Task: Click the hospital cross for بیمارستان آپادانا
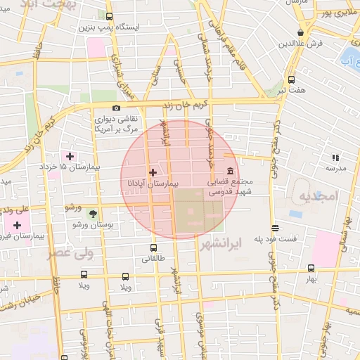point(153,172)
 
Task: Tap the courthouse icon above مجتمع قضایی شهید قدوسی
point(231,172)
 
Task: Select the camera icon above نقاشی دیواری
point(116,108)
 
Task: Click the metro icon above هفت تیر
point(291,80)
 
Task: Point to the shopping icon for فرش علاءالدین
point(301,32)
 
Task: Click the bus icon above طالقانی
point(153,247)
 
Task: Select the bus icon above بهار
point(311,268)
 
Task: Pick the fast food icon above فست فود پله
point(275,228)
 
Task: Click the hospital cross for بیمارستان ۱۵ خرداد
point(69,155)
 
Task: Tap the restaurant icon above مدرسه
point(335,158)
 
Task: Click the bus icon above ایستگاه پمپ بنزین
point(109,15)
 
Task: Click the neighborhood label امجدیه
point(318,194)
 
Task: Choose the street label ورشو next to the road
point(73,207)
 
